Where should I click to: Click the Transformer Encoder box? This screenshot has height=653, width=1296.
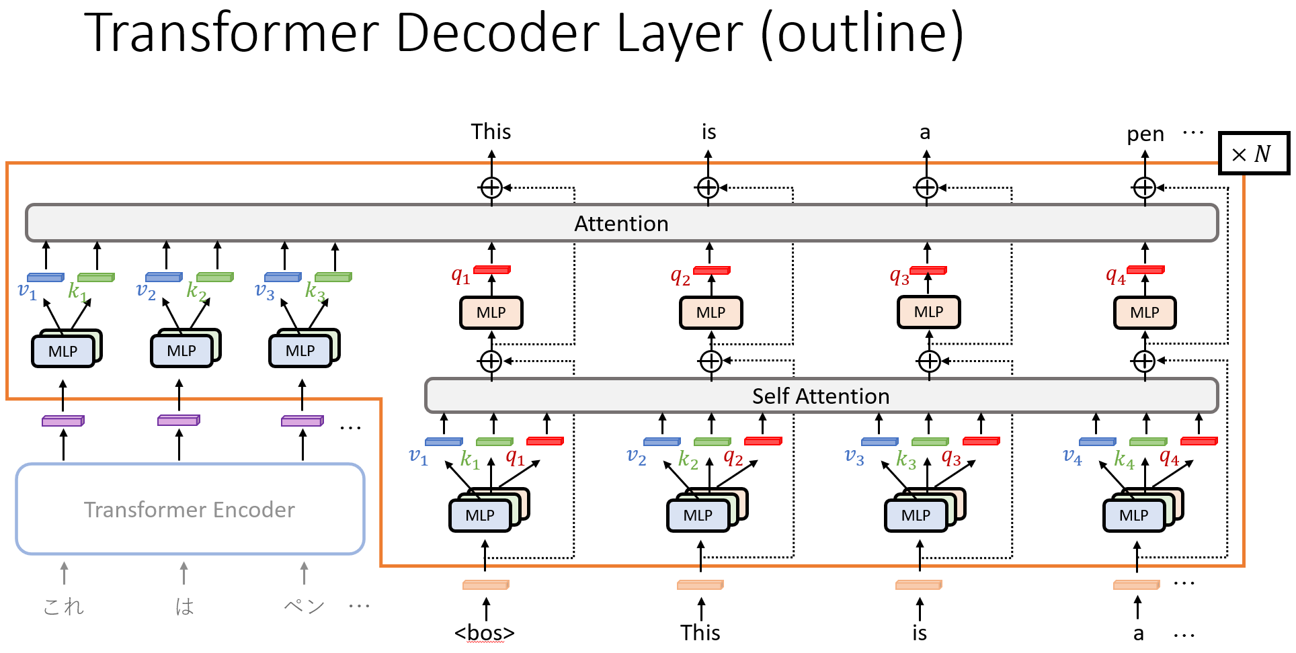[190, 509]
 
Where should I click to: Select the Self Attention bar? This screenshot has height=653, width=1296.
[821, 396]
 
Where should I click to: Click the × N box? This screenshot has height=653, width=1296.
[1254, 153]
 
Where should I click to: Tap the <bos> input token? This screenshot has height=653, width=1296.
[485, 633]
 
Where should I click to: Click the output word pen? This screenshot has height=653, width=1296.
[1145, 134]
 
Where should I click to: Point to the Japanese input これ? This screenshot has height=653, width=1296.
[64, 607]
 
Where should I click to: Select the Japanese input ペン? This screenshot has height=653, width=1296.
[305, 607]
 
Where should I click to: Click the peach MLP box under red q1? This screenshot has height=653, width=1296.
[491, 312]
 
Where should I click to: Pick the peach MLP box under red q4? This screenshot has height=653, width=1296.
[1145, 312]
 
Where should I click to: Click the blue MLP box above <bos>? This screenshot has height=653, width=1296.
[480, 515]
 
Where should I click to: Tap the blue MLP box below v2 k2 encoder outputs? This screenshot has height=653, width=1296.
[181, 351]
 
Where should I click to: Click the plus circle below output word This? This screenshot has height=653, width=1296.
[491, 187]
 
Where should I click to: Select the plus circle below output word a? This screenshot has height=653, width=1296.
[926, 187]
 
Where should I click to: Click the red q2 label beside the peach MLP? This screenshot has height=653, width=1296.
[680, 276]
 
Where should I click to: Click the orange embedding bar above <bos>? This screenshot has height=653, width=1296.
[486, 585]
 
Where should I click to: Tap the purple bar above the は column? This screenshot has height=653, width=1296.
[179, 421]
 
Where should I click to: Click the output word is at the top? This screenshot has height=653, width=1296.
[709, 132]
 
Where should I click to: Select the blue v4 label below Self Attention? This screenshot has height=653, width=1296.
[1072, 458]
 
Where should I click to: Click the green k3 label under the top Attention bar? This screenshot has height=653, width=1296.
[315, 292]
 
